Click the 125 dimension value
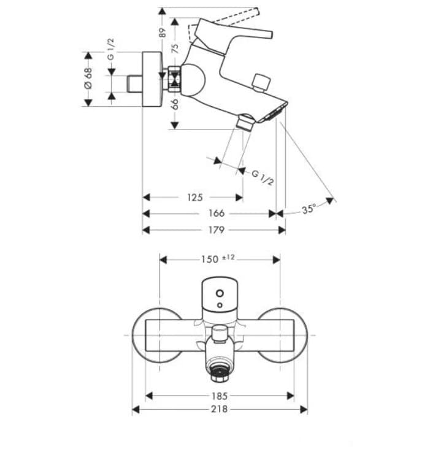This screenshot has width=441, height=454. click(x=194, y=197)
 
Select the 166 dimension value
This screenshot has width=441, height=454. click(x=217, y=213)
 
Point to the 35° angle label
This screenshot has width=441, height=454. click(x=309, y=209)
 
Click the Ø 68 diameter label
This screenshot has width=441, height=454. click(x=88, y=79)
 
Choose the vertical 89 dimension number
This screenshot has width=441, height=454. click(x=163, y=32)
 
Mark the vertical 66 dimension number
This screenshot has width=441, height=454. click(x=175, y=104)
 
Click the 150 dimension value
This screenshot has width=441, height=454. click(x=210, y=259)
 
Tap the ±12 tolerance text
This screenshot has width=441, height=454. click(x=228, y=257)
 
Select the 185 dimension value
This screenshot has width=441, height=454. click(x=219, y=396)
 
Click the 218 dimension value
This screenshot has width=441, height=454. click(x=219, y=409)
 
